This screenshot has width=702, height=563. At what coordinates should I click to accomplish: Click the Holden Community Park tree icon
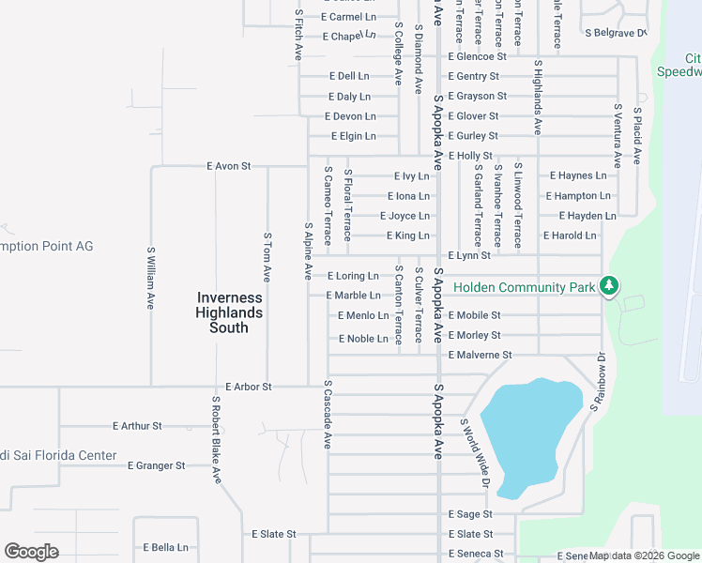click(x=609, y=285)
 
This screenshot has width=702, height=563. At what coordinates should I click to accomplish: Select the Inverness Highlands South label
click(x=229, y=312)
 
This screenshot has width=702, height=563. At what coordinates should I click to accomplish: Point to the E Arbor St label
click(x=249, y=387)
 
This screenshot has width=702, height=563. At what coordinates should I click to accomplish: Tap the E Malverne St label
click(x=480, y=356)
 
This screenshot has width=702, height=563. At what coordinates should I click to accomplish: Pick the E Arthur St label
click(x=137, y=426)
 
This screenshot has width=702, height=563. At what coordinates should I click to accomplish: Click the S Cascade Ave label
click(x=328, y=414)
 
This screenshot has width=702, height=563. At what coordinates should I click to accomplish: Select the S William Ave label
click(x=150, y=279)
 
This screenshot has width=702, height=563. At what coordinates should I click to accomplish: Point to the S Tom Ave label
click(x=267, y=259)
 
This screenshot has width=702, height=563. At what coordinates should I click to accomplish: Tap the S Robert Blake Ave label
click(x=216, y=438)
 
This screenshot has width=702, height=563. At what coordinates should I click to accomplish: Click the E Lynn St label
click(x=470, y=255)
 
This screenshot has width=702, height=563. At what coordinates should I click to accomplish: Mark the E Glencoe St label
click(x=477, y=56)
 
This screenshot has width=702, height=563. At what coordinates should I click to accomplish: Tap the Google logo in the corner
click(x=31, y=552)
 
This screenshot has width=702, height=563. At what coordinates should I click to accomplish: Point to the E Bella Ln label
click(x=165, y=548)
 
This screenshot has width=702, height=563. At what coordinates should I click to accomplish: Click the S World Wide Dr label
click(x=475, y=452)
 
